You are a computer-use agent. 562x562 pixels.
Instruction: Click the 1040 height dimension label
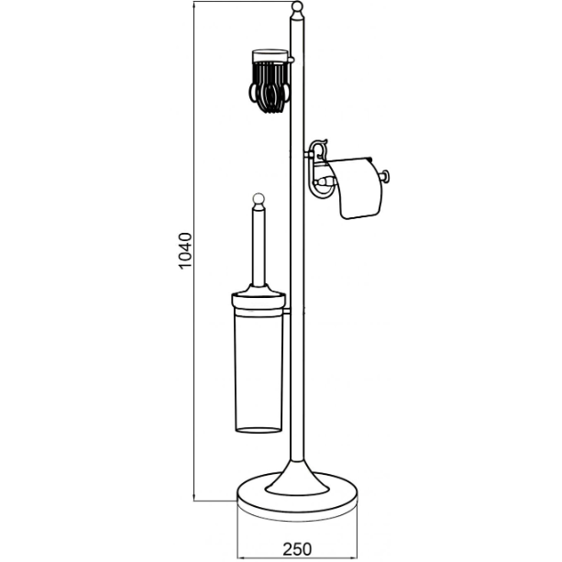coord(186,250)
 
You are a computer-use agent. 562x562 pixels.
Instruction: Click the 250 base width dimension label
coord(297,549)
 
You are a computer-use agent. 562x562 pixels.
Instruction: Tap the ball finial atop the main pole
coord(297,6)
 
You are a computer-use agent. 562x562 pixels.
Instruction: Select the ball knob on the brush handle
coord(259,199)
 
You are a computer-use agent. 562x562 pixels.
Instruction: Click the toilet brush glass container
coord(259,371)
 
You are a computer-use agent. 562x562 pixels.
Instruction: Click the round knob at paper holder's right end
coord(385,176)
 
